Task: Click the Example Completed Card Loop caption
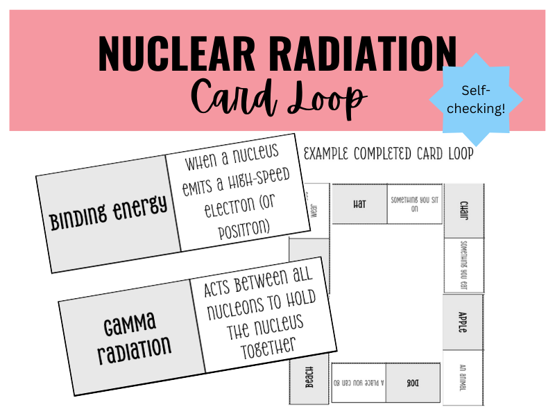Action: click(388, 154)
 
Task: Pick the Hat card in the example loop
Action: click(359, 204)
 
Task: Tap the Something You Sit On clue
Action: click(414, 204)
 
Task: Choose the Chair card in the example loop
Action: click(463, 210)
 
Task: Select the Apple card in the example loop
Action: click(463, 321)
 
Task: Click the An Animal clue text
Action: click(463, 376)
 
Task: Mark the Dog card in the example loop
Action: click(413, 383)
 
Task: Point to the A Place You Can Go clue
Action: click(358, 383)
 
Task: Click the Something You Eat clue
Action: click(463, 266)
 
